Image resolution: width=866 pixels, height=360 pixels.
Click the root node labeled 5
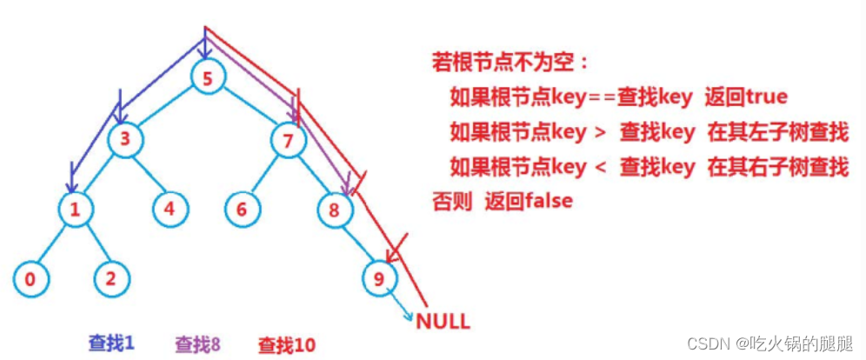click(207, 78)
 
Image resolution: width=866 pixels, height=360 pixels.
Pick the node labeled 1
click(76, 209)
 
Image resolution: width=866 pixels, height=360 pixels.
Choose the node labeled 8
click(335, 209)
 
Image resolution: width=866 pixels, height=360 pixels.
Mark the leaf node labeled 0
click(30, 278)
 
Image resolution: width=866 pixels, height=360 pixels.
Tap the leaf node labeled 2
click(111, 278)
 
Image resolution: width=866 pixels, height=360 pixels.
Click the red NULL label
click(443, 321)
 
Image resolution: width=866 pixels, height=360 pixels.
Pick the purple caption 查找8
click(197, 343)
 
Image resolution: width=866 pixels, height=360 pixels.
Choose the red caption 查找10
click(286, 344)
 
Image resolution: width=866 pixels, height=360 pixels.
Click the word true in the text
click(762, 96)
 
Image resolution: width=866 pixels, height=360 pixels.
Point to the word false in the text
click(546, 201)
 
